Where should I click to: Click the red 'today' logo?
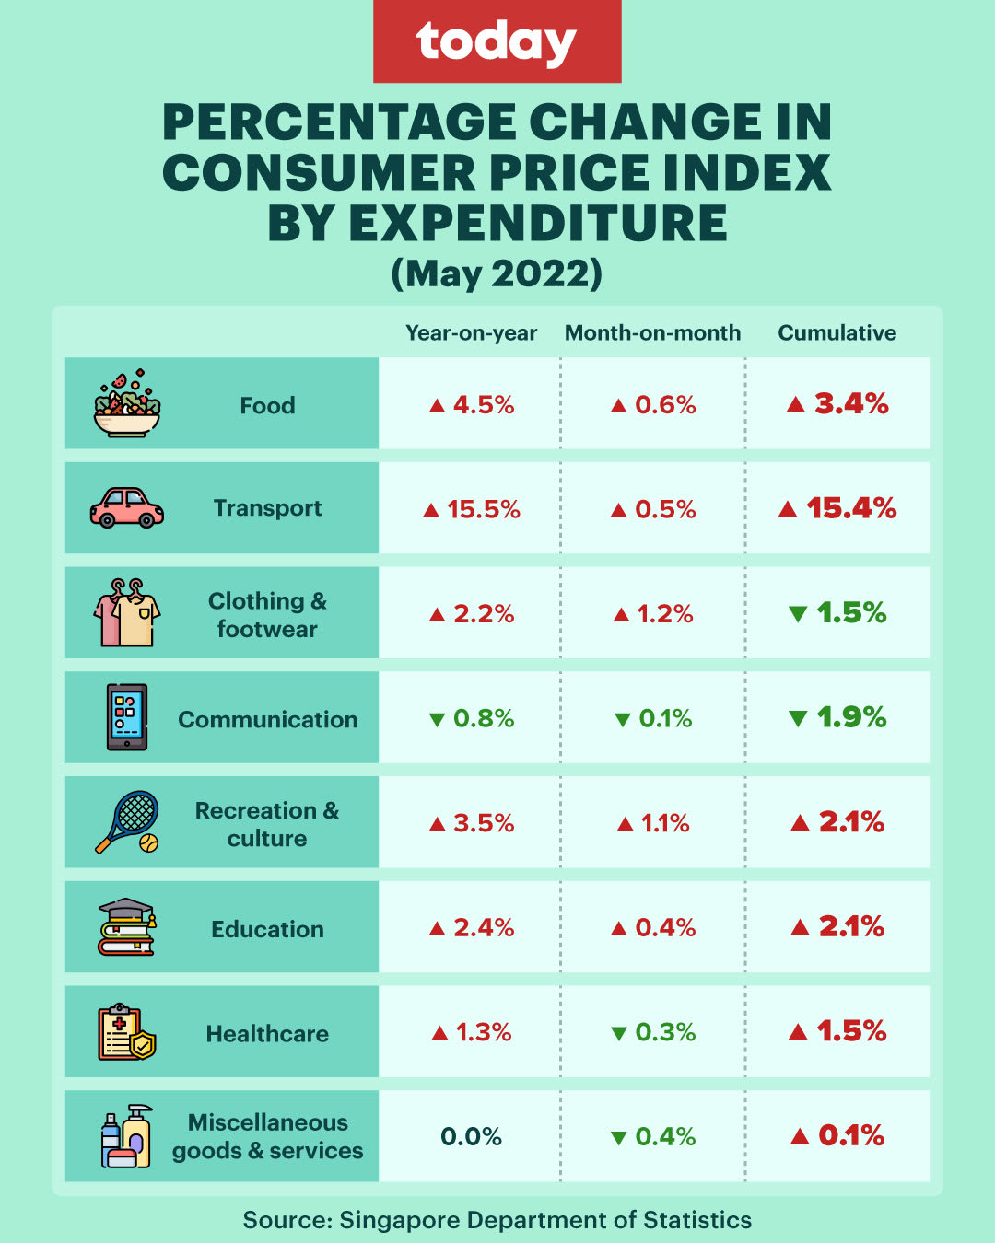pos(497,41)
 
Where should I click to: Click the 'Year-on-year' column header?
pos(471,332)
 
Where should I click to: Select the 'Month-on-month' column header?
pos(652,332)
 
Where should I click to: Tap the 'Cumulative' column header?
pos(837,332)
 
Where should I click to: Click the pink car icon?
pos(127,507)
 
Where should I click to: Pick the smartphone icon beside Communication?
pos(127,717)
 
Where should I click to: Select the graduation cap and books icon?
pos(127,926)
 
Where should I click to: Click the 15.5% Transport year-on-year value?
pos(472,509)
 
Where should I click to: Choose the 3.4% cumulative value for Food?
pos(838,403)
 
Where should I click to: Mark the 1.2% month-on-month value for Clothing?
pos(653,614)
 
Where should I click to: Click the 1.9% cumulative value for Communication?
pos(838,717)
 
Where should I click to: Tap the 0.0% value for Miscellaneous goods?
pos(471,1137)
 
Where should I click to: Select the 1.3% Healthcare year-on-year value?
pos(472,1032)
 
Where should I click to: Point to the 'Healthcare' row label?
pos(267,1034)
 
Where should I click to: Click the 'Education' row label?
pos(267,929)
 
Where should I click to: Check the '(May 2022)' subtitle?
pos(497,273)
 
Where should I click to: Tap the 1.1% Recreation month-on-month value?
pos(653,823)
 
